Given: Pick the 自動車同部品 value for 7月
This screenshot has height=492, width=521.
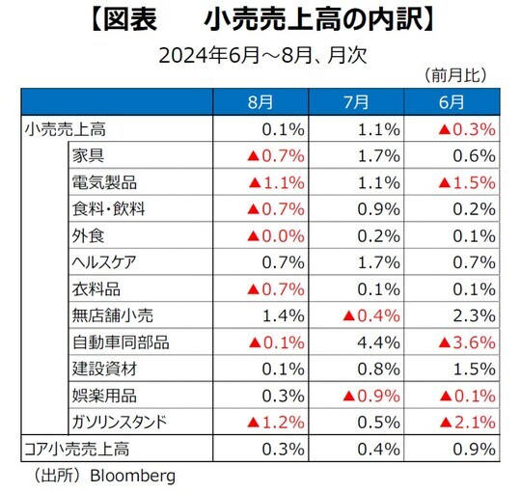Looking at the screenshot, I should point(373,341).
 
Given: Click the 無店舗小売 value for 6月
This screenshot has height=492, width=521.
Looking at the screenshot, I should point(473,314).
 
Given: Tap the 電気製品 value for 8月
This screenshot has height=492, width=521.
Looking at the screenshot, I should point(277,181).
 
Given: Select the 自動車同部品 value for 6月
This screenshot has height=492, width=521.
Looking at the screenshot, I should point(466,341).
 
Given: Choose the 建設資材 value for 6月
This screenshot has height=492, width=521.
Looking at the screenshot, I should point(473,368).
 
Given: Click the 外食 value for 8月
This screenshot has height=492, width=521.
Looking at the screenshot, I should point(277,234).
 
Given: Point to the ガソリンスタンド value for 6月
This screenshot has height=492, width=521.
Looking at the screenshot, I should point(466,421).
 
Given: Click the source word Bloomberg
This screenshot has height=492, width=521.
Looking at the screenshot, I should point(128,475).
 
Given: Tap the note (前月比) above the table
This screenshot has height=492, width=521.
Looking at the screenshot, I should point(453,73).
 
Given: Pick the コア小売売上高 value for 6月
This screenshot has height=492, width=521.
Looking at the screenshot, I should point(473,448).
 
